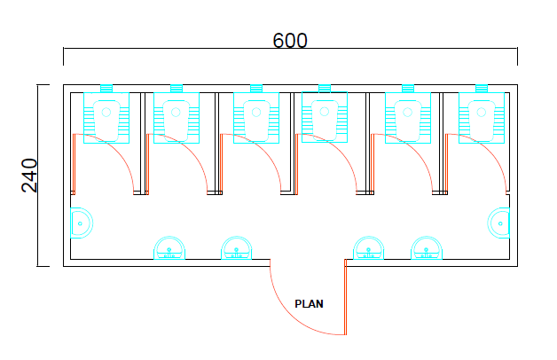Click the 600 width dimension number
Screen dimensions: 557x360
coord(290,41)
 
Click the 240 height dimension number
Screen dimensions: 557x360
coord(29,176)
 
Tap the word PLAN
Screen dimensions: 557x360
coord(309,304)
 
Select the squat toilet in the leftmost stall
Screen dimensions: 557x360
coord(106,118)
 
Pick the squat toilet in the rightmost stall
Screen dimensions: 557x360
coord(482,118)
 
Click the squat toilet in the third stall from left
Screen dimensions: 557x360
coord(256,118)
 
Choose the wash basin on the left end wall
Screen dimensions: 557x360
coord(82,223)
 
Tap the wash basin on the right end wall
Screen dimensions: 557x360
coord(498,223)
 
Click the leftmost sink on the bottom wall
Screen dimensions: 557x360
coord(169,247)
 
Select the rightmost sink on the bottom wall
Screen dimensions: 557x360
coord(427,247)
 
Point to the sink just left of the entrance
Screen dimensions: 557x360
coord(237,247)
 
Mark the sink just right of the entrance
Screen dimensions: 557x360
coord(368,247)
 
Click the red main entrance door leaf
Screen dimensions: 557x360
coord(345,297)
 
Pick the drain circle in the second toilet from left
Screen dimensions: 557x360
coord(176,113)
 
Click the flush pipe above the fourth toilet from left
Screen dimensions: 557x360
coord(325,88)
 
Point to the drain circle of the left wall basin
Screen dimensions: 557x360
coord(80,223)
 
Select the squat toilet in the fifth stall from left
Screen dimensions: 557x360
coord(408,118)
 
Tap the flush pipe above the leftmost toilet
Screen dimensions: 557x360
coord(106,89)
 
